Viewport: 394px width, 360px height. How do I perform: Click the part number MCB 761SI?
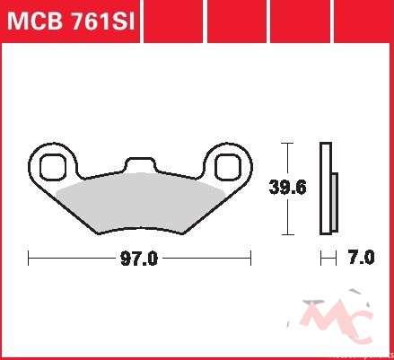pos(71,21)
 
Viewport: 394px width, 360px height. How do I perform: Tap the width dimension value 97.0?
pos(139,259)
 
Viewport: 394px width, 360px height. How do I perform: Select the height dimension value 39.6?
pos(288,188)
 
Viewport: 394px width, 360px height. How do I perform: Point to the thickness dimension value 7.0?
pos(362,258)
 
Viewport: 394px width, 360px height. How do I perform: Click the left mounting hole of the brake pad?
pos(53,167)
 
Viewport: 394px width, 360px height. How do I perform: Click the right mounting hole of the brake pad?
pos(228,167)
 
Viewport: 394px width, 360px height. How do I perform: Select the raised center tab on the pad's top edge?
pos(141,164)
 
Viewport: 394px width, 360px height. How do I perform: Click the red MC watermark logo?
pos(339,320)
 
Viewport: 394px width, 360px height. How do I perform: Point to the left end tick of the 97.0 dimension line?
pos(29,258)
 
